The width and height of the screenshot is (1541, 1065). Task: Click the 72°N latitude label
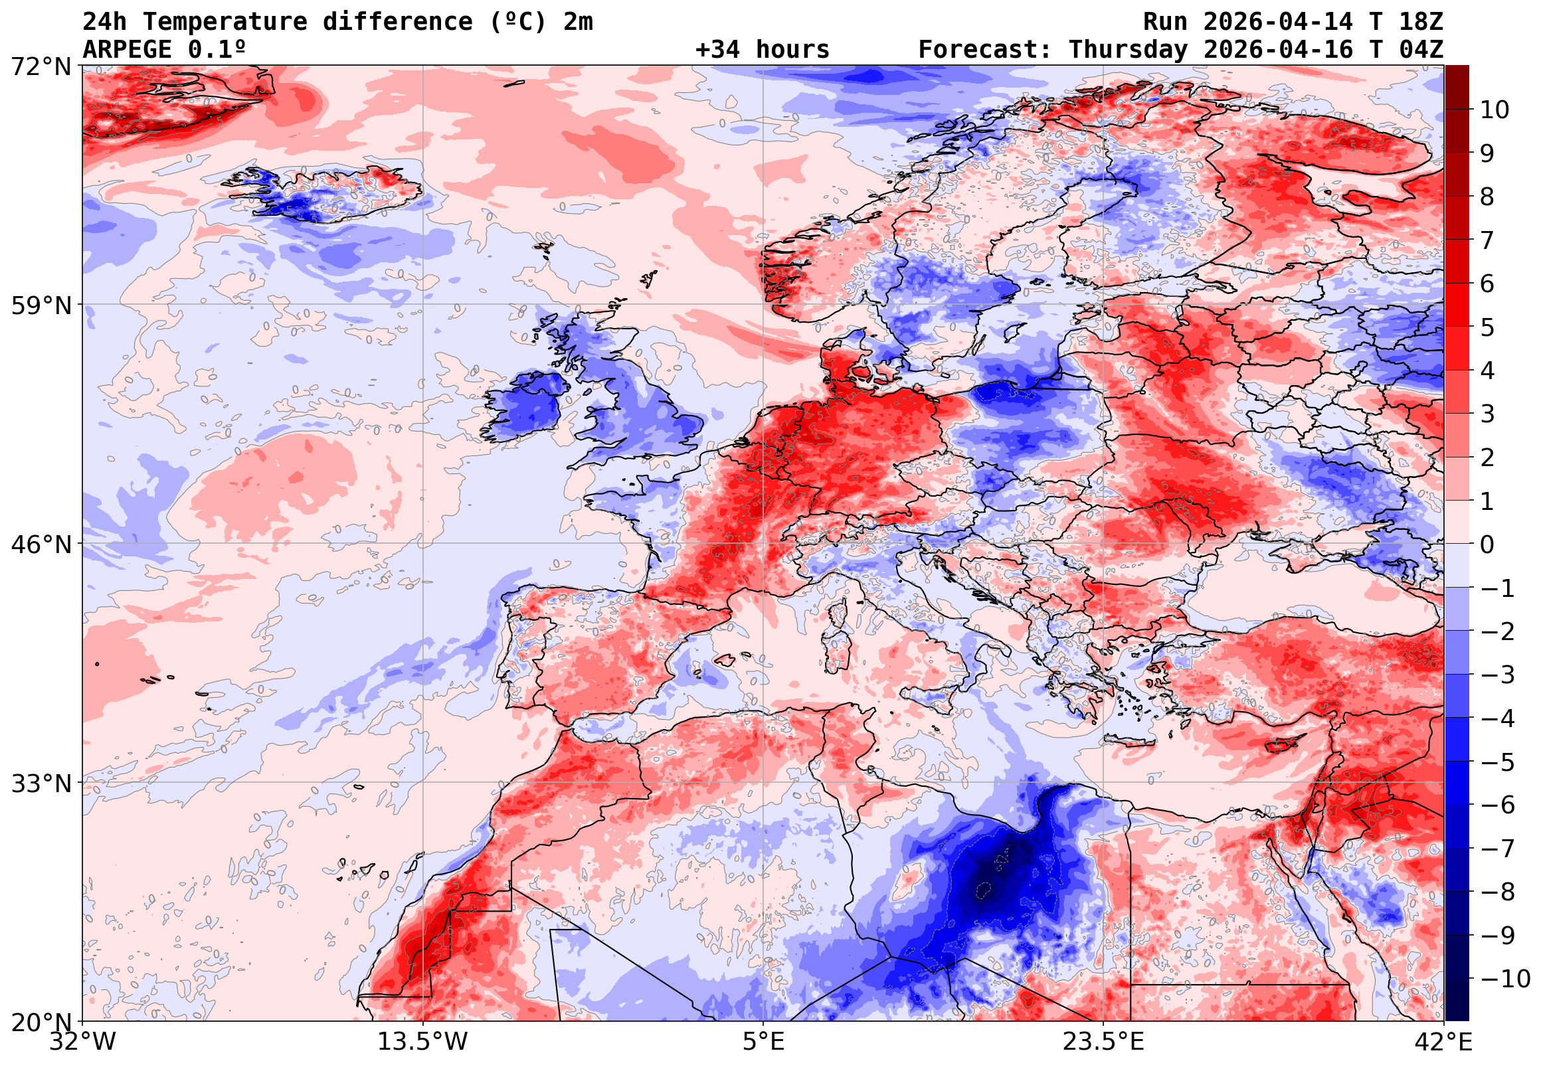(41, 67)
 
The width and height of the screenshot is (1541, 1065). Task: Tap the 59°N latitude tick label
(41, 305)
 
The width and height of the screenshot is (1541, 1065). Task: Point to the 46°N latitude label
(41, 544)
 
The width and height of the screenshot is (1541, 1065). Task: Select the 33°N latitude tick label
(41, 783)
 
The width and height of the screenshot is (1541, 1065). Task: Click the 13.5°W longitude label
(422, 1042)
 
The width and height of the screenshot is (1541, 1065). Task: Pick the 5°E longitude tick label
(763, 1042)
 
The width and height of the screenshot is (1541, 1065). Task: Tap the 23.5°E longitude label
(1103, 1042)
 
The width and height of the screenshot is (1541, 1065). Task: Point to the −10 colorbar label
(1504, 979)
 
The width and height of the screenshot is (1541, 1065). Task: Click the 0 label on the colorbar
(1487, 545)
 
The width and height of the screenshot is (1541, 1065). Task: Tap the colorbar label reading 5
(1487, 328)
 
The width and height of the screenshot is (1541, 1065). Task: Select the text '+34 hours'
(762, 50)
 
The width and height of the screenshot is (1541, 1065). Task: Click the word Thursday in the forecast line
(1128, 50)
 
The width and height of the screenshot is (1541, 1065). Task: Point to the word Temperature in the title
(225, 22)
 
